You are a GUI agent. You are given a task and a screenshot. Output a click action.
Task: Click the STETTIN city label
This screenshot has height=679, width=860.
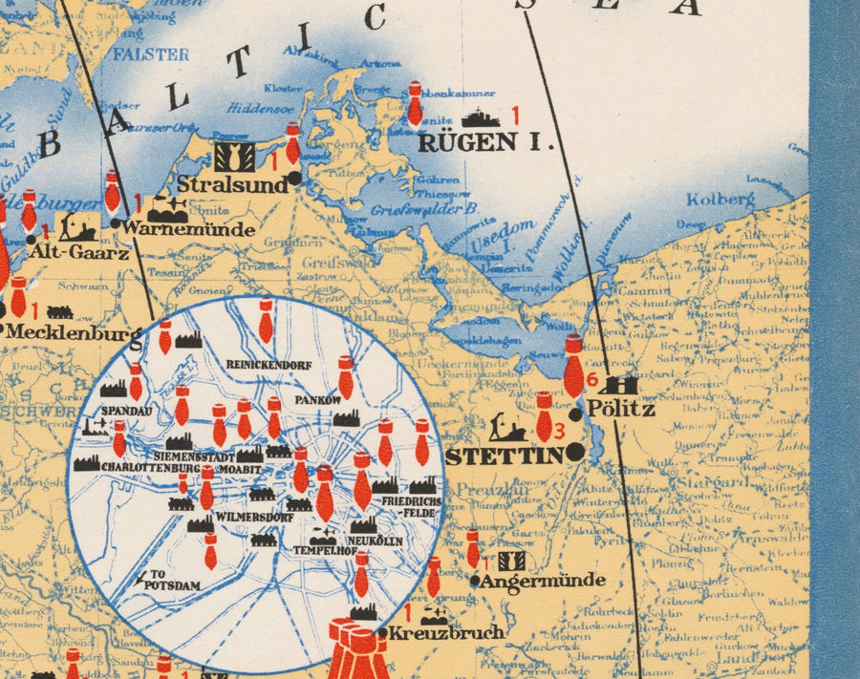(x=505, y=456)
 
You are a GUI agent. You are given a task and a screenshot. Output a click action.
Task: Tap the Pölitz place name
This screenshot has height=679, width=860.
(x=620, y=409)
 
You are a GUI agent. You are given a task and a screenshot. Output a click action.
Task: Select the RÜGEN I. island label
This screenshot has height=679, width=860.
(x=487, y=143)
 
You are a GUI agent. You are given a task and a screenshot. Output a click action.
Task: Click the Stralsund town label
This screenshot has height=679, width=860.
(x=232, y=184)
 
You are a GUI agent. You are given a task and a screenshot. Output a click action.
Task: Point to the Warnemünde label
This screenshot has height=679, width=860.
(x=187, y=229)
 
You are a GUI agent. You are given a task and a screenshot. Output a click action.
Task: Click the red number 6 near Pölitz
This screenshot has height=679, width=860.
(x=591, y=380)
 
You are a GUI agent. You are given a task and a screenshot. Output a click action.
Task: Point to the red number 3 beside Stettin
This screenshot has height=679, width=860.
(x=560, y=430)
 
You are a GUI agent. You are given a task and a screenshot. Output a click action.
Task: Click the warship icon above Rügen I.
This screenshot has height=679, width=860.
(x=481, y=118)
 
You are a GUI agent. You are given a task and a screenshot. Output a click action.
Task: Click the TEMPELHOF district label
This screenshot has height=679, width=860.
(x=318, y=551)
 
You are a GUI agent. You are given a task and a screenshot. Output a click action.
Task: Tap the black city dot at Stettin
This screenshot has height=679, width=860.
(x=574, y=454)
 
